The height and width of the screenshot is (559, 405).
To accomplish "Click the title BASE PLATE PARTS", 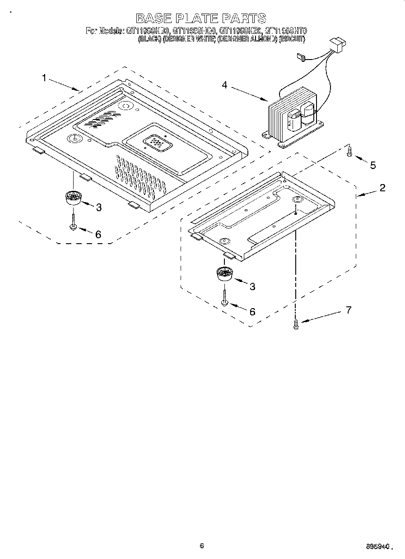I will [201, 18].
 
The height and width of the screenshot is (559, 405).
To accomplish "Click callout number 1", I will [44, 78].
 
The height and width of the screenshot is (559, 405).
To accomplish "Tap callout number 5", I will [372, 165].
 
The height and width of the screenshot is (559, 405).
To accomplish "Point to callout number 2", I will [382, 188].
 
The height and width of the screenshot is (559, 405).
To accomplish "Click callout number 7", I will [348, 310].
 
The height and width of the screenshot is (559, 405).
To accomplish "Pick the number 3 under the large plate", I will [98, 207].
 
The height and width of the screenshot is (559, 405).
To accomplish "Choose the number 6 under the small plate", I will [252, 311].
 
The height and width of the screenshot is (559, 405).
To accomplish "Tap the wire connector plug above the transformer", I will [338, 44].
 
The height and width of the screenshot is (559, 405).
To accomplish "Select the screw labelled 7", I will [296, 324].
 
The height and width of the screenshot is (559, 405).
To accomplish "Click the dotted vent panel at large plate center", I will [156, 143].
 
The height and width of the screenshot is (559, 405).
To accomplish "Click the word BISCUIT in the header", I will [292, 39].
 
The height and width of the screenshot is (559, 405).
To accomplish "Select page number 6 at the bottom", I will [201, 546].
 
